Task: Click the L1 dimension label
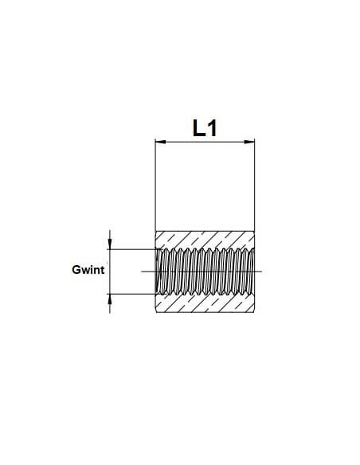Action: tap(205, 128)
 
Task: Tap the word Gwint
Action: tap(88, 270)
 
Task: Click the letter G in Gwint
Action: tap(76, 270)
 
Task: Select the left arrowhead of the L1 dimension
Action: tap(160, 142)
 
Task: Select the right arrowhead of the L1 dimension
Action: tap(249, 142)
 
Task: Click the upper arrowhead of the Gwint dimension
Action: tap(110, 244)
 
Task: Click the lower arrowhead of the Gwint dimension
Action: tap(110, 299)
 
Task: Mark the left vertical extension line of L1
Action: tap(155, 185)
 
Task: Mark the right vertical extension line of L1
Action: tap(254, 185)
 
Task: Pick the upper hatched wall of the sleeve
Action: tap(205, 240)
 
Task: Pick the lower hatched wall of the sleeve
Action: tap(205, 303)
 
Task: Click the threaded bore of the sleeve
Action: tap(205, 272)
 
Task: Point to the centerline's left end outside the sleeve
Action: tap(142, 272)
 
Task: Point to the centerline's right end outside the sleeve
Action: tap(261, 272)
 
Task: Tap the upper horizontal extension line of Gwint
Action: tap(133, 249)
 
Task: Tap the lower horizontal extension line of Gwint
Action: tap(133, 294)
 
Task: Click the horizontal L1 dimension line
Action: tap(205, 142)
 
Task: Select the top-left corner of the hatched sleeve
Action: tap(155, 231)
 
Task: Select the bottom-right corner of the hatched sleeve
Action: tap(254, 313)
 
